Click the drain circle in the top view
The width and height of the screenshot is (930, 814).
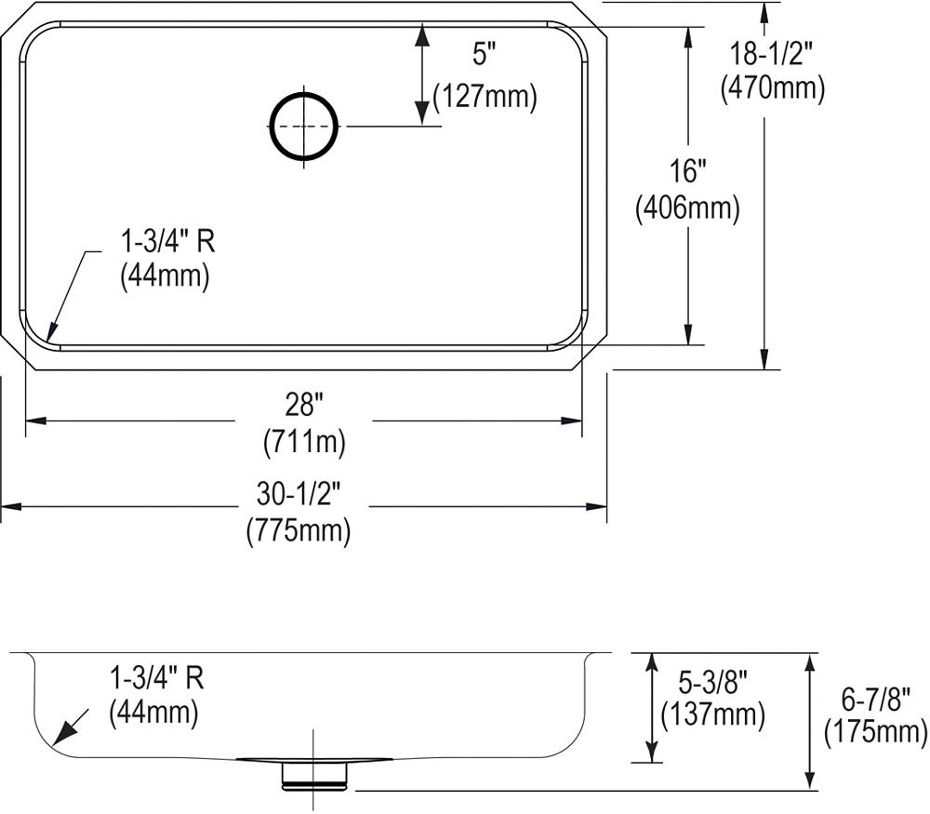coord(271,127)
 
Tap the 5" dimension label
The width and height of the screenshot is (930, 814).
coord(484,55)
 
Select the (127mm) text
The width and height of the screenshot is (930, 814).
coord(485,96)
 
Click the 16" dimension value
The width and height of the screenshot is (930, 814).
coord(687,171)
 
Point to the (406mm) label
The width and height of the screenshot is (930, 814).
coord(687,207)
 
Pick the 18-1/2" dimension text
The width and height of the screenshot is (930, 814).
coord(769,55)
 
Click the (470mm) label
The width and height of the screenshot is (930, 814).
coord(772,88)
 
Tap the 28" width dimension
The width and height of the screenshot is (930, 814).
coord(304,407)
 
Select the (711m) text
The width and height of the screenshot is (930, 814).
coord(304,442)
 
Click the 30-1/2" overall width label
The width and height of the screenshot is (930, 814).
coord(299,494)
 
